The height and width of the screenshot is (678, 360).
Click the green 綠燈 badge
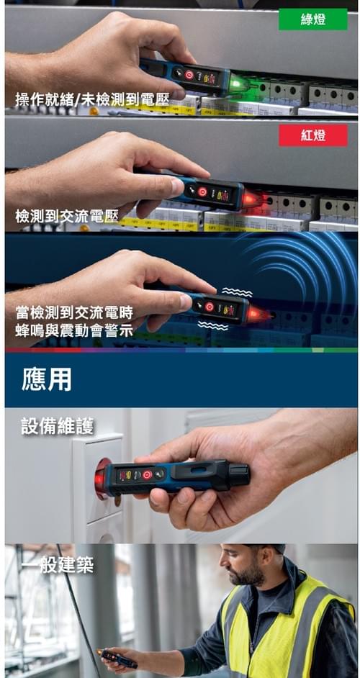point(312,19)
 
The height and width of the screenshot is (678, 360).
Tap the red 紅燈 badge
point(312,135)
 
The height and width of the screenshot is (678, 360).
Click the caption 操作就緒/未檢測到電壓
point(91,99)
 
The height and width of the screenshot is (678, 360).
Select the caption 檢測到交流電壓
point(67,215)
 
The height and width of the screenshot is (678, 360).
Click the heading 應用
point(46,380)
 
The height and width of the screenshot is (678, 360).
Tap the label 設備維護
point(57,426)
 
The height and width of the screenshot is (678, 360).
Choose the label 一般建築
point(57,565)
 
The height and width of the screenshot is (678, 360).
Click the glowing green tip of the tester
point(238,83)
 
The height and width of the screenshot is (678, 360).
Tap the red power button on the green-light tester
point(189,75)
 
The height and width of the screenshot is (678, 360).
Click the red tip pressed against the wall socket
point(102,479)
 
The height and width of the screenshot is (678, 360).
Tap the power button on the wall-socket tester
point(147,474)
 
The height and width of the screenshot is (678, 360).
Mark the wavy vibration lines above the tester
point(238,292)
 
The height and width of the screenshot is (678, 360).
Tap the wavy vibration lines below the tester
point(213,326)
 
